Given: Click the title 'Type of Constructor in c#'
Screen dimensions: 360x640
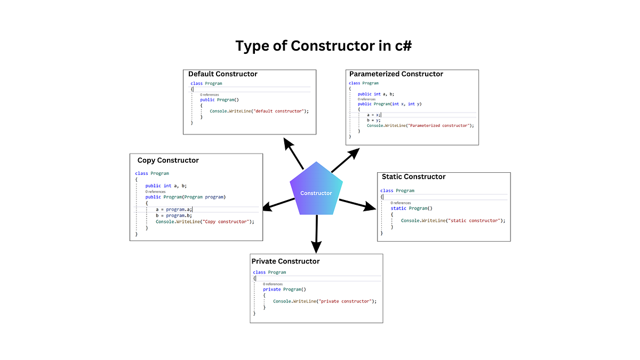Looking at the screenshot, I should pyautogui.click(x=323, y=46).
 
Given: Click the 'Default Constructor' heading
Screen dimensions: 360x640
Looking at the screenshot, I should pyautogui.click(x=222, y=74).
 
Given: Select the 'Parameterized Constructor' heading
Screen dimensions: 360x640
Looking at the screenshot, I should pyautogui.click(x=396, y=74).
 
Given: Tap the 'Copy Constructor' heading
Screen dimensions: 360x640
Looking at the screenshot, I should pyautogui.click(x=168, y=160).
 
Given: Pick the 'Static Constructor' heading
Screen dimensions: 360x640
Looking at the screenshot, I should pyautogui.click(x=413, y=177).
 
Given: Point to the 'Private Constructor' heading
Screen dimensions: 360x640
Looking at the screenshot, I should pyautogui.click(x=285, y=261).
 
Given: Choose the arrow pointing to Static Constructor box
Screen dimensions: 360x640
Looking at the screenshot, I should pyautogui.click(x=357, y=204).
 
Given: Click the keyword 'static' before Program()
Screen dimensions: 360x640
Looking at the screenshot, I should pyautogui.click(x=398, y=209).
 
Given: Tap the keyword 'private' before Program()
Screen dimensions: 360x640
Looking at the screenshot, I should pyautogui.click(x=272, y=289).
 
